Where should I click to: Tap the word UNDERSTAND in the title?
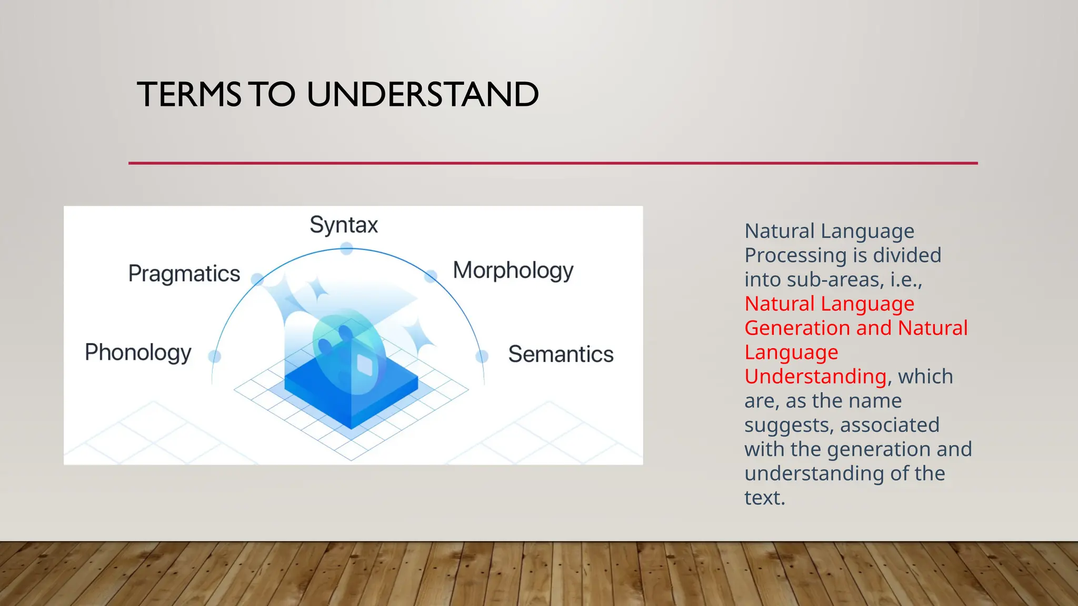(x=423, y=95)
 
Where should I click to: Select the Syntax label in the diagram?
(x=344, y=225)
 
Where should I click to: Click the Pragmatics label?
(x=184, y=274)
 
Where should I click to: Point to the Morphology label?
(x=513, y=271)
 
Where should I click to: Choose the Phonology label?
(x=138, y=352)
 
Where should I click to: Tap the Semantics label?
(x=561, y=354)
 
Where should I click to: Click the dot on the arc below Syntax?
(x=346, y=249)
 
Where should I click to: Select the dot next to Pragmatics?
(x=257, y=279)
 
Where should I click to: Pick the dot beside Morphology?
(x=431, y=276)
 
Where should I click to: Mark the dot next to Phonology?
(x=215, y=357)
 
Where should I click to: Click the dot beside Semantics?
(x=482, y=357)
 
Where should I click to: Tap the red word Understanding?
(x=815, y=377)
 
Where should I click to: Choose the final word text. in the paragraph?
(x=764, y=498)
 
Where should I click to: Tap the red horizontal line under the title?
(x=553, y=163)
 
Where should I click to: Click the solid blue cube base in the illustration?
(x=352, y=400)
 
